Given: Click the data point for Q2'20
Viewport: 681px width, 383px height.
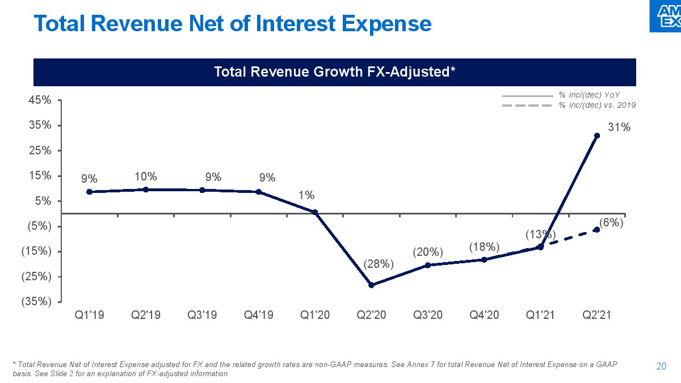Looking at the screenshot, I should pyautogui.click(x=371, y=285).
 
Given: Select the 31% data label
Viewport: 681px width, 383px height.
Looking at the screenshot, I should pyautogui.click(x=620, y=128).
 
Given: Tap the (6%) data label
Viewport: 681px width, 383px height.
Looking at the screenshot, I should pyautogui.click(x=612, y=223).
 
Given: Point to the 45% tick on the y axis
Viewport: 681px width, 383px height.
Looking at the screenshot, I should pyautogui.click(x=40, y=100).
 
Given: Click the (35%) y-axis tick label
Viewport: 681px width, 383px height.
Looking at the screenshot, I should pyautogui.click(x=36, y=301).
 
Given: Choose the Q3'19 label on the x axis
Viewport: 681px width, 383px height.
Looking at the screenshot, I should pyautogui.click(x=202, y=315).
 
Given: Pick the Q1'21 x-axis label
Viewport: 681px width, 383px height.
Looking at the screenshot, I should pyautogui.click(x=540, y=315).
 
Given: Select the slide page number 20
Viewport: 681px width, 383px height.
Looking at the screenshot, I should pyautogui.click(x=661, y=367).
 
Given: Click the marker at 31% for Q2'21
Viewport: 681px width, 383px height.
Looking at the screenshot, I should pyautogui.click(x=597, y=136).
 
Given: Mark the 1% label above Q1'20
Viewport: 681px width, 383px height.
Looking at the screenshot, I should pyautogui.click(x=306, y=195).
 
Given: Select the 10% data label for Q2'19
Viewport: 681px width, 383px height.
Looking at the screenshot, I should pyautogui.click(x=146, y=176).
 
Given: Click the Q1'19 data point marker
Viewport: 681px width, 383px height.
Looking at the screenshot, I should pyautogui.click(x=90, y=192).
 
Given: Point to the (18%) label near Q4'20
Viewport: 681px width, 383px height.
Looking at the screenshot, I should pyautogui.click(x=484, y=246).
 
